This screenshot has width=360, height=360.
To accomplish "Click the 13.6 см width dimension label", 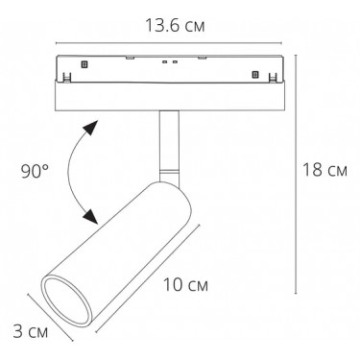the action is [175, 26].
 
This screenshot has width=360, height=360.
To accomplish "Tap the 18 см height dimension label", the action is [324, 170].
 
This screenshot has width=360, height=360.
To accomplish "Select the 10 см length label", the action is [185, 284].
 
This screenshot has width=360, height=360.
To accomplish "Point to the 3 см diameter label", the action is [31, 331].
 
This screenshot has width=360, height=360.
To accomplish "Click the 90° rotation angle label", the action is [35, 172].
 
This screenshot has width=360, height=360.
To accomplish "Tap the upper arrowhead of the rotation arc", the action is [91, 128].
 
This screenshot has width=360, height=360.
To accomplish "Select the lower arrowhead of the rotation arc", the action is [91, 217].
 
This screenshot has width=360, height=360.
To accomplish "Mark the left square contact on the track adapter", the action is [84, 64].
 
